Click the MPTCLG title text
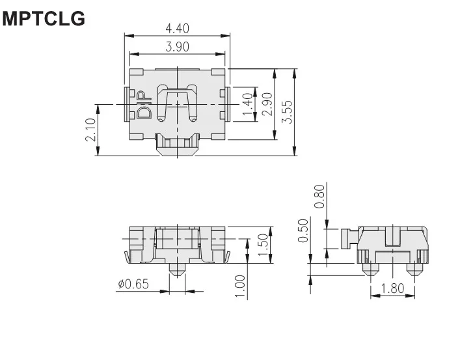click(x=44, y=19)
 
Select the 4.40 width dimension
click(x=178, y=28)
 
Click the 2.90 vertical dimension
click(x=265, y=104)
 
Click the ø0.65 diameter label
click(x=133, y=284)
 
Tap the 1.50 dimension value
click(x=262, y=244)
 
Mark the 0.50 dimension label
click(x=303, y=230)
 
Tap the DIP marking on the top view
click(x=144, y=105)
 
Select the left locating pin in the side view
click(x=370, y=268)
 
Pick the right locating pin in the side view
click(x=414, y=268)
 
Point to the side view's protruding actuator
click(x=347, y=238)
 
